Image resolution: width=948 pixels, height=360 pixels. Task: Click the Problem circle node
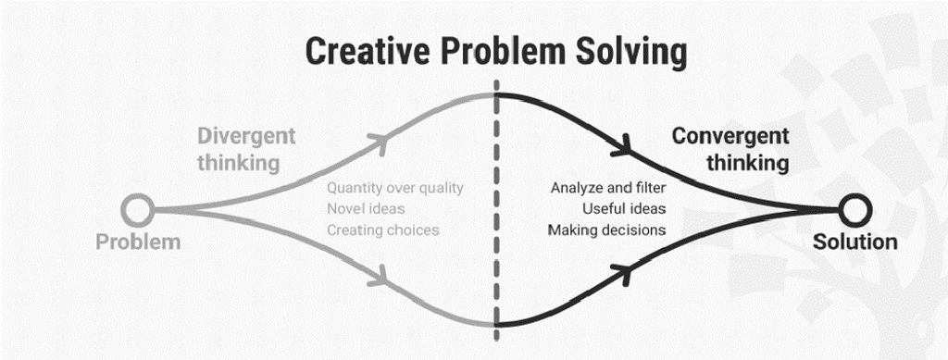point(139,210)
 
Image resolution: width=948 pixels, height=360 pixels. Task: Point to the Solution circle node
point(854,210)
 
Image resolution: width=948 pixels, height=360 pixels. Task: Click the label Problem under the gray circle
point(138,242)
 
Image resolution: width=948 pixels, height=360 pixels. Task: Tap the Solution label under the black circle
point(854,242)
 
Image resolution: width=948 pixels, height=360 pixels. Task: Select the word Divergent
point(245,136)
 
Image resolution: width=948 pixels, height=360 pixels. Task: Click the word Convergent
point(730,136)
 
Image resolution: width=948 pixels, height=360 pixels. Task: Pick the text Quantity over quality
point(394,188)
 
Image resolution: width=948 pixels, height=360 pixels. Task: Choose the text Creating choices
point(382,230)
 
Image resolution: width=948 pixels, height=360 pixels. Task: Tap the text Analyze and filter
point(608,188)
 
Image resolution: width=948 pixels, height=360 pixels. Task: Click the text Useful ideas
point(624,209)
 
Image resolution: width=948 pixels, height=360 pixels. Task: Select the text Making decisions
point(606,230)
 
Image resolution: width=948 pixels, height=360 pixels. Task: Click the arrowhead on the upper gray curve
point(378,141)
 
